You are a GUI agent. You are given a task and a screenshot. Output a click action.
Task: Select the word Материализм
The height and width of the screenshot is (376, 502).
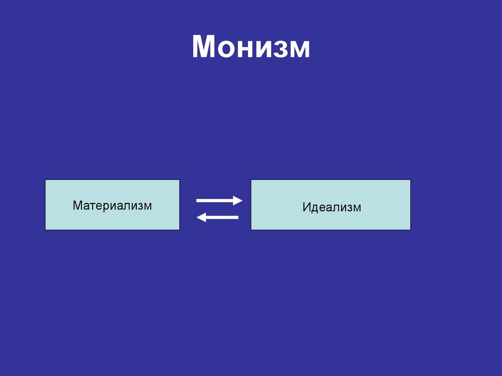point(112,205)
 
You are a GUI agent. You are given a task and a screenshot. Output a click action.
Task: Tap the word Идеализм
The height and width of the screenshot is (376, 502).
point(331,207)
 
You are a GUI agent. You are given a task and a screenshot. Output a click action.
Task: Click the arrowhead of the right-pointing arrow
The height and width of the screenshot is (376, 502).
point(238,200)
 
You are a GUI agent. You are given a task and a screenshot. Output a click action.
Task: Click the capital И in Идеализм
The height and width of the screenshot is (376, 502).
point(306,207)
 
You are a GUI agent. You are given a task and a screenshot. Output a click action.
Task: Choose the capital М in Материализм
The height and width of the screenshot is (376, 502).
point(77,205)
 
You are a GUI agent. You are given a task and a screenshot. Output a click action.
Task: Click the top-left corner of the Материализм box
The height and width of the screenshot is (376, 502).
point(46,180)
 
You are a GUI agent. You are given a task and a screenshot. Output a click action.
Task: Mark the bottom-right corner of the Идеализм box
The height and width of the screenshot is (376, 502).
point(410,230)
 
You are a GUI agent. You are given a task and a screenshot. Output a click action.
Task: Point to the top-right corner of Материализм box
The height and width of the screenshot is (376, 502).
point(179,180)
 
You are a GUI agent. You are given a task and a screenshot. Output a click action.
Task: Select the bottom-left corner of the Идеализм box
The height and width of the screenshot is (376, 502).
point(251,230)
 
